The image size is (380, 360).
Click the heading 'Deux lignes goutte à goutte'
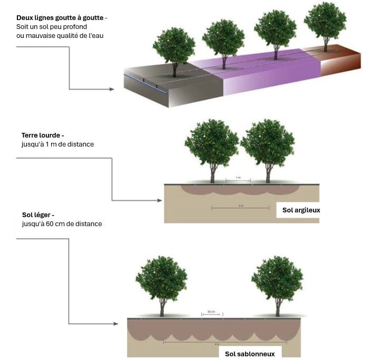(x=61, y=18)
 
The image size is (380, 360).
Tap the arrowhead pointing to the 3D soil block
(x=111, y=89)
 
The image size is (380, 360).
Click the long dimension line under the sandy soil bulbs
(x=217, y=342)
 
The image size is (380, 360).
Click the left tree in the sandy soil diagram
(x=161, y=282)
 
